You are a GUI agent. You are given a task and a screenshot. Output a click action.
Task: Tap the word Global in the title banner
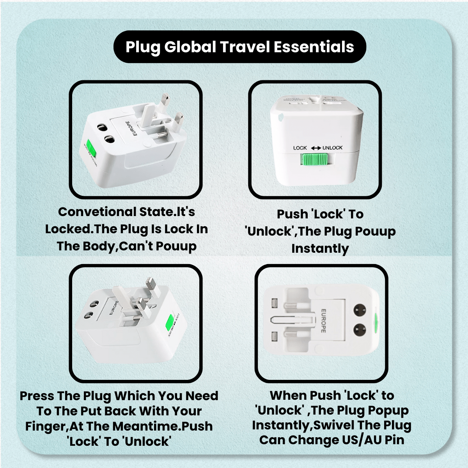pyautogui.click(x=190, y=47)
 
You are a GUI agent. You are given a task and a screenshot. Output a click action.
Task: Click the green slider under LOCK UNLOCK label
pyautogui.click(x=314, y=160)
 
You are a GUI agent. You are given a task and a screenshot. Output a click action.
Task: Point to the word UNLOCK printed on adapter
pyautogui.click(x=332, y=148)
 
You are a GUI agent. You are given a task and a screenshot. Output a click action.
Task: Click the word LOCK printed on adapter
pyautogui.click(x=300, y=148)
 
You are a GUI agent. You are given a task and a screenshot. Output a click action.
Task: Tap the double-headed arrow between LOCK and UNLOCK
pyautogui.click(x=316, y=148)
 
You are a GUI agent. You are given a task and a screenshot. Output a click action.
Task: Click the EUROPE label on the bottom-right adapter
pyautogui.click(x=323, y=321)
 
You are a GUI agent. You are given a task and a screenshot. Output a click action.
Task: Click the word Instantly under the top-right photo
pyautogui.click(x=320, y=248)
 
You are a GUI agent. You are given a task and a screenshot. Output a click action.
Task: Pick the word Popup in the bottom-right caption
pyautogui.click(x=388, y=410)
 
